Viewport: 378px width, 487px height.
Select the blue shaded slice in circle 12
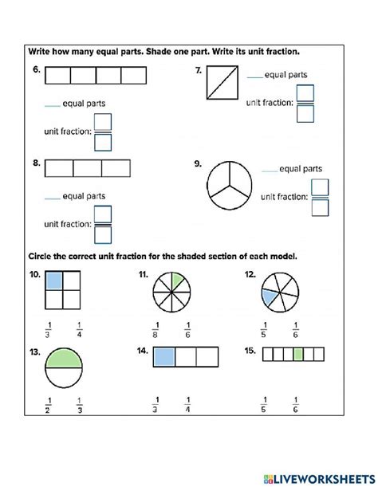coord(270,297)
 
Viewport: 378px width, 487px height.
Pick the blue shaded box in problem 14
coord(164,355)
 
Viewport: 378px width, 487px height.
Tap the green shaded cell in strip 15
coord(297,354)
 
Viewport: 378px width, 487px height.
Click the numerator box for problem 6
coord(103,122)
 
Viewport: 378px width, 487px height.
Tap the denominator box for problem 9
coord(321,207)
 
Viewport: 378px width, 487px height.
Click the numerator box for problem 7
coord(305,93)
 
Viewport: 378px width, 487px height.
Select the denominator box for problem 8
coord(103,234)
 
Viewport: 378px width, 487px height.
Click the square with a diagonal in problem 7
coord(220,83)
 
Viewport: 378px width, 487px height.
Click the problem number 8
coord(36,163)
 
